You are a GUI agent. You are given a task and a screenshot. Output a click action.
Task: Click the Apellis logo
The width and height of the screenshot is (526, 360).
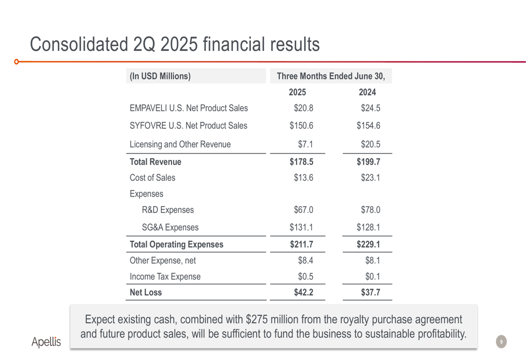point(46,342)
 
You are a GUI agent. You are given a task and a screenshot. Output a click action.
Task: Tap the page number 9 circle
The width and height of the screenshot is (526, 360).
point(501,342)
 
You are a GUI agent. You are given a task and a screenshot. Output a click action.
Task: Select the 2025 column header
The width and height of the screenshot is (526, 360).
point(297,92)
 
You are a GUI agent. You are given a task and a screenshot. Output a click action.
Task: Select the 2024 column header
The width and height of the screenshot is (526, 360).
point(367,92)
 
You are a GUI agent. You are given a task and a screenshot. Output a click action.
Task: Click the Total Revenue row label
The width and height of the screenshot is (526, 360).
point(155,162)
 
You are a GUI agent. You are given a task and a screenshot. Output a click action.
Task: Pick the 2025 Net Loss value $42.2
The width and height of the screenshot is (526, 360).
point(304,293)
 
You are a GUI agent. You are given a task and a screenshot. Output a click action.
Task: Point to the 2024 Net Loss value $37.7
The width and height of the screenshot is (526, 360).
point(370,293)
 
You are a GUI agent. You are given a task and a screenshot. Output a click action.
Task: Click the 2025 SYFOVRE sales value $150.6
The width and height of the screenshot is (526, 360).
point(301,126)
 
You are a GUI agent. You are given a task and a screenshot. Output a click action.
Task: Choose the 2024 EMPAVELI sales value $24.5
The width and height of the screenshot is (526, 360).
point(370,108)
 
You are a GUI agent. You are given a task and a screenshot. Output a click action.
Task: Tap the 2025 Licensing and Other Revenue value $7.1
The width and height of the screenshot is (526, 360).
point(306,144)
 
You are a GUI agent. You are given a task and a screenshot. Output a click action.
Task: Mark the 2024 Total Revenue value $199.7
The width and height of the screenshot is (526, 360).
point(368,162)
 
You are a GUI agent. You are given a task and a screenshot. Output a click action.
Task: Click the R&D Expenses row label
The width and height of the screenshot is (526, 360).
point(168,210)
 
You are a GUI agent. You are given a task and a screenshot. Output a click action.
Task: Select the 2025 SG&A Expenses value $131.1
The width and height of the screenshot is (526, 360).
point(301,228)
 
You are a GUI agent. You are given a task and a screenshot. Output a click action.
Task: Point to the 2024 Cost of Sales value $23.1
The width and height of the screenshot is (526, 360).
point(370,178)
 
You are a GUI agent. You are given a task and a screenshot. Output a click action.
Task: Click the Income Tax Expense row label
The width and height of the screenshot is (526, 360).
point(165,276)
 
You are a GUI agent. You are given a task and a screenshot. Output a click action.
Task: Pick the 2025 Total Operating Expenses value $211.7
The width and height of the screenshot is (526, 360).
point(301,244)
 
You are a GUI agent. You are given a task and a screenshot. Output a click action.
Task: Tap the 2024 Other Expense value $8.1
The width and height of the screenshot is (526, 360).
point(372,261)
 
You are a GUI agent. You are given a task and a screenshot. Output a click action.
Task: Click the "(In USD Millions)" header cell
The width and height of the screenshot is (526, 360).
point(160,76)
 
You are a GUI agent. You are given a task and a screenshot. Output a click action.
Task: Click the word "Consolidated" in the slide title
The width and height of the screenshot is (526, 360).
point(78,44)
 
